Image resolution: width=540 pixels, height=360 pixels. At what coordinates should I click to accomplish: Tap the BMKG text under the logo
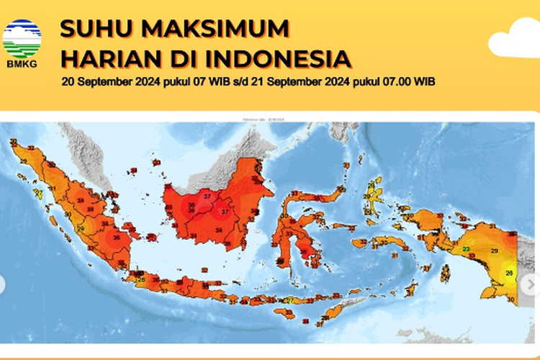click(x=22, y=63)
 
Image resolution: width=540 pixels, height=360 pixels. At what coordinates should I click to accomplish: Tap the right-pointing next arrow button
click(x=532, y=284)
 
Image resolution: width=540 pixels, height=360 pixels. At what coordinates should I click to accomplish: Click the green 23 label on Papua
click(x=467, y=249)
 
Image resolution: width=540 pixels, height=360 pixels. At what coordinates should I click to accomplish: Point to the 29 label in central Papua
click(x=494, y=251)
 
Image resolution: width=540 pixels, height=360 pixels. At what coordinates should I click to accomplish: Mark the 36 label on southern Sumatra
click(x=117, y=237)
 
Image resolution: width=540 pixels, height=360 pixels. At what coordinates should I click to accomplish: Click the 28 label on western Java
click(x=142, y=279)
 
